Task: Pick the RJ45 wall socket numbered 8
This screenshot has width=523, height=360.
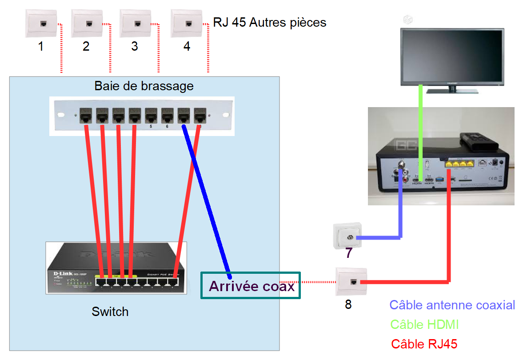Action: pyautogui.click(x=351, y=281)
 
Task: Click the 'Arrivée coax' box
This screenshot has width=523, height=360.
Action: pyautogui.click(x=251, y=285)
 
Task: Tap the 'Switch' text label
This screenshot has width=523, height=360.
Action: pyautogui.click(x=110, y=312)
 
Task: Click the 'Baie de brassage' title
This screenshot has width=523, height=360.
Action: pyautogui.click(x=144, y=86)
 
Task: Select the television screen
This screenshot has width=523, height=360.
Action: pyautogui.click(x=452, y=56)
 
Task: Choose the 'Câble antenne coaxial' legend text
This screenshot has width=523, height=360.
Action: pyautogui.click(x=452, y=305)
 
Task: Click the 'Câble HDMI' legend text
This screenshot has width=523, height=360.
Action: pyautogui.click(x=424, y=324)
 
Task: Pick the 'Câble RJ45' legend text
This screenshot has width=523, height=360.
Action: pyautogui.click(x=424, y=344)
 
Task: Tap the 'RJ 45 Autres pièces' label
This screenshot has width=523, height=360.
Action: pyautogui.click(x=270, y=22)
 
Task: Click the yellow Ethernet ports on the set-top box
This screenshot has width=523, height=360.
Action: pyautogui.click(x=458, y=164)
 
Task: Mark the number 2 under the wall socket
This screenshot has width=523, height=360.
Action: pyautogui.click(x=86, y=46)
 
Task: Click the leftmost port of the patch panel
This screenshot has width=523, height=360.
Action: pyautogui.click(x=86, y=116)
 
